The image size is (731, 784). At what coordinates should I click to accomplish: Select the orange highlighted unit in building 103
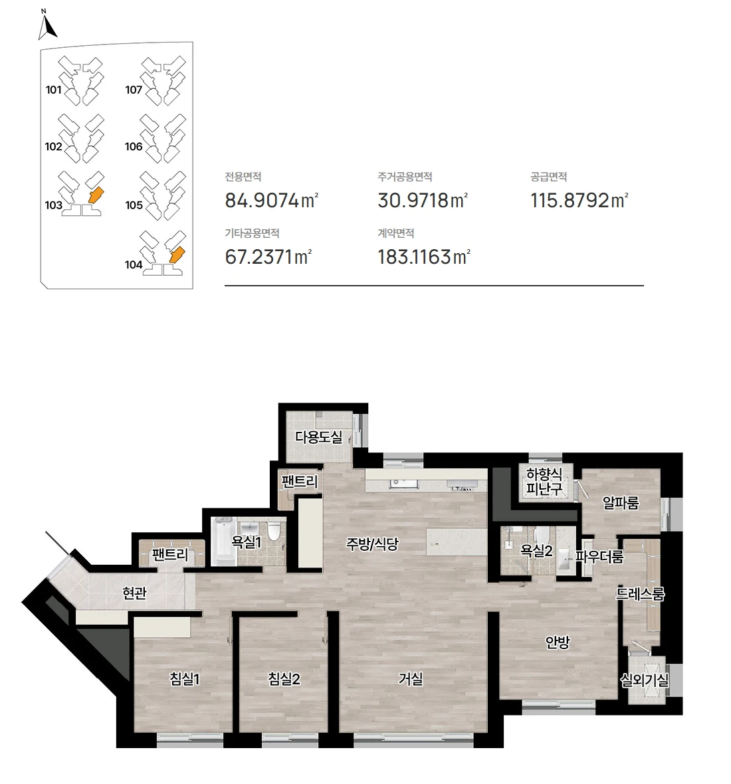95,195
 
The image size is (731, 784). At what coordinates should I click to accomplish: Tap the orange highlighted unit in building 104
177,255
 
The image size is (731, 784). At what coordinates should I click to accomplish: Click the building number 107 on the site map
134,90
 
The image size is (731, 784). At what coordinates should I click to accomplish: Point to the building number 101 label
54,90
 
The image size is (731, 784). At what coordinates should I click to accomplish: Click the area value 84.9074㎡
271,201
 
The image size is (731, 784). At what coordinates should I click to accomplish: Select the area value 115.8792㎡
579,201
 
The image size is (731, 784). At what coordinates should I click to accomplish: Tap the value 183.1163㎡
423,257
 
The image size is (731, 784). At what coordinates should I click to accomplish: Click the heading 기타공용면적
252,233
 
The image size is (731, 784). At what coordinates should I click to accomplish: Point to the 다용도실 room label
318,437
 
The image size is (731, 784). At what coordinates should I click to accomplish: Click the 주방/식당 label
372,543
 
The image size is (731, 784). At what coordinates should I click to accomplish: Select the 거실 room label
411,678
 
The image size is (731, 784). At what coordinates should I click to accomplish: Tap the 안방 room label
558,642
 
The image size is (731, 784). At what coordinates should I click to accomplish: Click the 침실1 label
185,678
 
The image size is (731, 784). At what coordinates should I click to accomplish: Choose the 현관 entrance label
134,593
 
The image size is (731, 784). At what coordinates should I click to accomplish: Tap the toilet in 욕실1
274,531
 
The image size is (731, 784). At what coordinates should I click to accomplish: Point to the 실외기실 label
644,680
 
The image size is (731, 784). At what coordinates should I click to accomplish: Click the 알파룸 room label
621,502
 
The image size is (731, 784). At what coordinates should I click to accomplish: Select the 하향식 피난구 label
544,481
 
